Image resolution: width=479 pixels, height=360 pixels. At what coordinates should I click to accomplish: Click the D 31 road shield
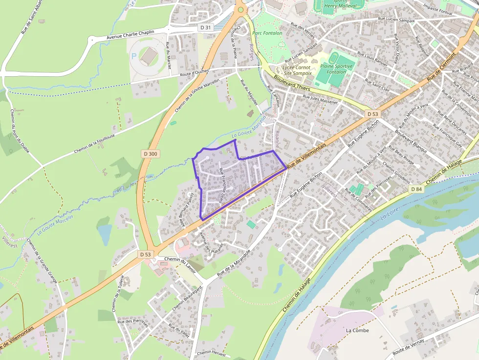pos(206,28)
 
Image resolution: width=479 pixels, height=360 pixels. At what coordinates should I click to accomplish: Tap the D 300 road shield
pos(151,154)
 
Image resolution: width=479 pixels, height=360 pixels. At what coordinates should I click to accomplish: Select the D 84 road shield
pos(416,189)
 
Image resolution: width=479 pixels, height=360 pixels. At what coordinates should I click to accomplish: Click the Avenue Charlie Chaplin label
pos(130,35)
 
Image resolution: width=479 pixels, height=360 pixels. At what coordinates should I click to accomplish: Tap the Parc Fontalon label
pos(267,33)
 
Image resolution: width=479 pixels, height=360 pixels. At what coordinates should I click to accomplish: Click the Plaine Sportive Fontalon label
pos(333,69)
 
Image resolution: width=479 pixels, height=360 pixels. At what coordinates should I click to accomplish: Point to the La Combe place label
pos(357,330)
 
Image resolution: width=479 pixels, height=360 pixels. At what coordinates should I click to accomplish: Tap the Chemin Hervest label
pos(211,353)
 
